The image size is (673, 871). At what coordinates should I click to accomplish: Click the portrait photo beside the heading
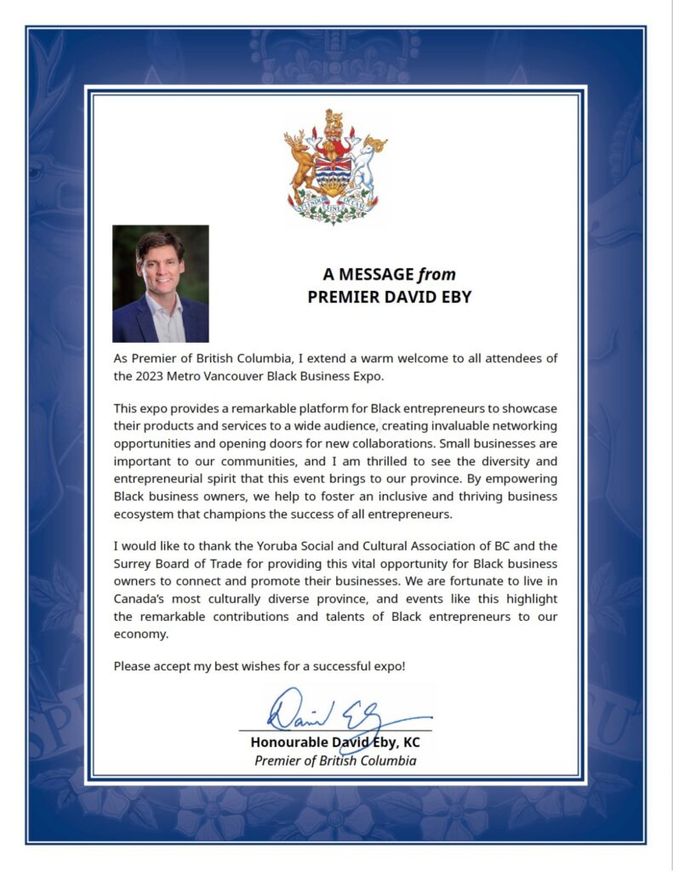pos(160,283)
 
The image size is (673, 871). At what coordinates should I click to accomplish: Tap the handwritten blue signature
pos(336,711)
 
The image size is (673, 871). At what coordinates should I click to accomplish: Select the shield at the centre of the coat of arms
pos(334,171)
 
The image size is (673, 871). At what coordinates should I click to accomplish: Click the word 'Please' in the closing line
pos(132,666)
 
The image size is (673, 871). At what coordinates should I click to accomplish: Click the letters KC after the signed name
pos(411,742)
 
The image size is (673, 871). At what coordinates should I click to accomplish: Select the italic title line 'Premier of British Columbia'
pos(335,760)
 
